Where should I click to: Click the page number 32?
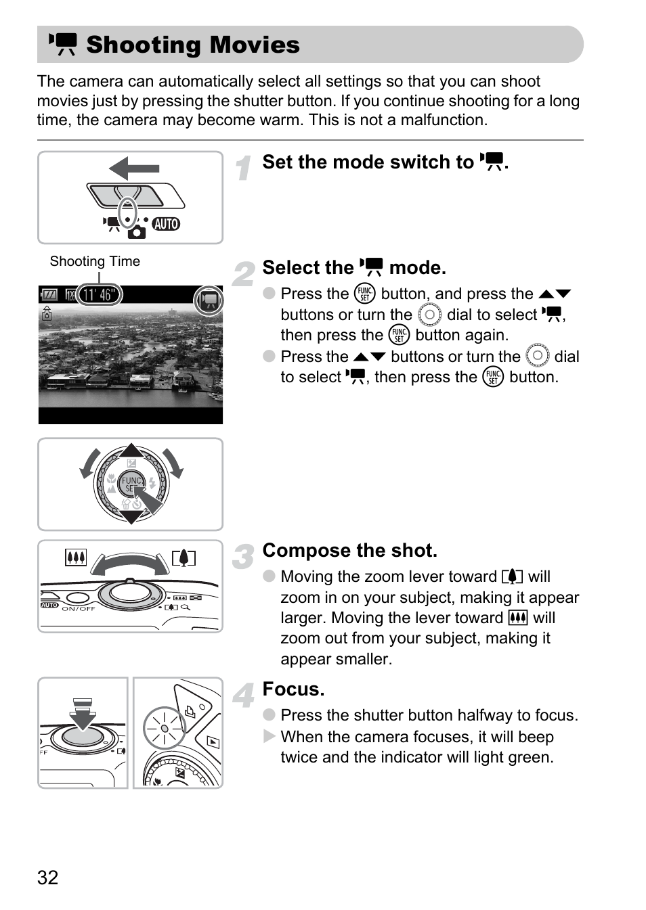point(47,878)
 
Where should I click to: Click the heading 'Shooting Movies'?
point(193,45)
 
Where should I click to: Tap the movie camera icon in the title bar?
point(63,44)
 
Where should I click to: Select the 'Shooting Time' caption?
point(95,261)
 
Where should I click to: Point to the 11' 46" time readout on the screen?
point(99,295)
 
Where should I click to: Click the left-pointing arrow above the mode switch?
point(134,168)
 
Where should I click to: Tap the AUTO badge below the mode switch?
point(166,224)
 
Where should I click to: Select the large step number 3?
point(242,556)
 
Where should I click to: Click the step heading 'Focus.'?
point(293,689)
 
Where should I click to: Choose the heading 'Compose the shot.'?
point(349,550)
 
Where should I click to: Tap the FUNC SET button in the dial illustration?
point(131,484)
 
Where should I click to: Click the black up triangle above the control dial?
point(131,451)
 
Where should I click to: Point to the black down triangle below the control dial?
point(131,516)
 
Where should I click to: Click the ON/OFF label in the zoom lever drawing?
point(79,608)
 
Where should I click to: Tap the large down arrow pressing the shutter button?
point(83,714)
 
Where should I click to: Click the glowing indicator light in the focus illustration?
point(164,728)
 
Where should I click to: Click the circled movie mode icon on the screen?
point(209,300)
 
